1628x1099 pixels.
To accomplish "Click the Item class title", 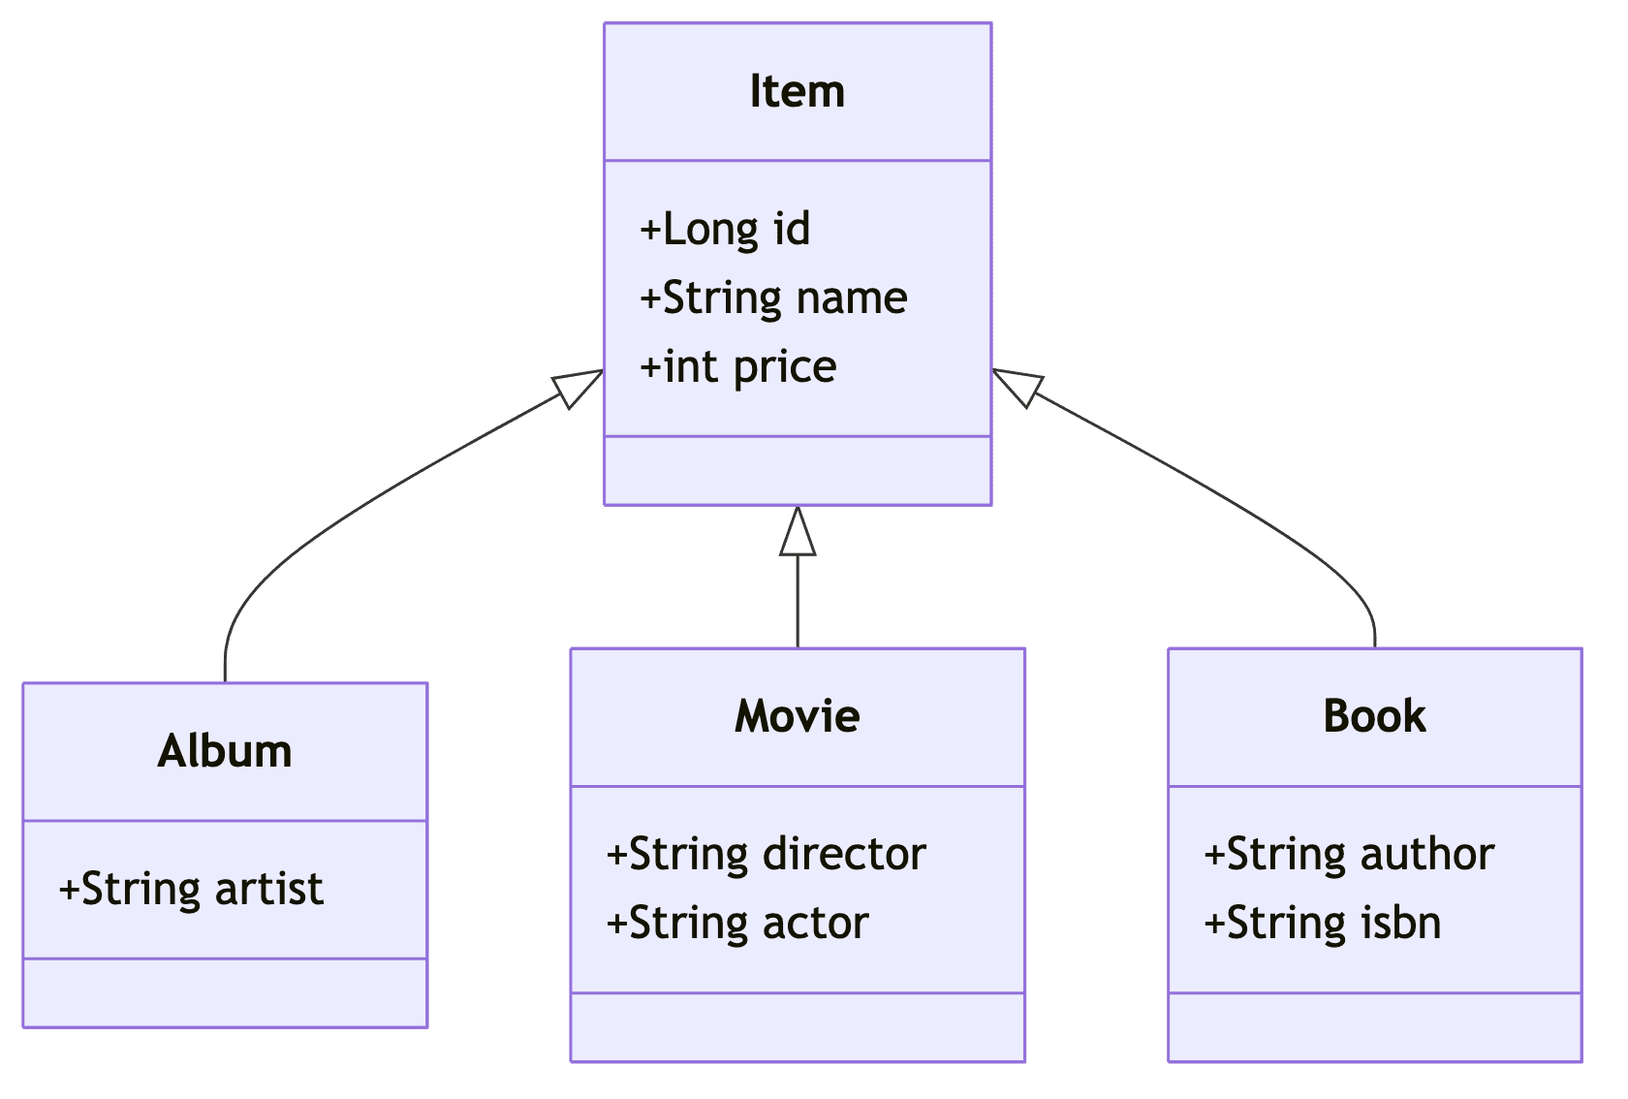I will pyautogui.click(x=797, y=92).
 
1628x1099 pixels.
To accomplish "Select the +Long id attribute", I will pyautogui.click(x=725, y=230).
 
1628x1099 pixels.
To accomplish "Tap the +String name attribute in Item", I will pyautogui.click(x=773, y=298).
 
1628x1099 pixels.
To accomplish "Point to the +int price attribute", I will pyautogui.click(x=737, y=367).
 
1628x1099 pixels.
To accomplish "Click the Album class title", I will pyautogui.click(x=225, y=751).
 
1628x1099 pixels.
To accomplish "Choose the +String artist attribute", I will pyautogui.click(x=191, y=889).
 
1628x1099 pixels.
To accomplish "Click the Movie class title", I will pyautogui.click(x=797, y=716).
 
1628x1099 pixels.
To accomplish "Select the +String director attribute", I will pyautogui.click(x=766, y=854).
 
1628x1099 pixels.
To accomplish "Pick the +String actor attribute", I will pyautogui.click(x=736, y=923).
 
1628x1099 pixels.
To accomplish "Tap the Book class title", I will pyautogui.click(x=1374, y=716).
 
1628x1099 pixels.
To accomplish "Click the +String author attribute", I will pyautogui.click(x=1349, y=854).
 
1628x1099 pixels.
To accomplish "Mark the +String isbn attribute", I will pyautogui.click(x=1322, y=923).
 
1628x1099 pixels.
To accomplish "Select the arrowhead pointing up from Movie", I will pyautogui.click(x=798, y=534).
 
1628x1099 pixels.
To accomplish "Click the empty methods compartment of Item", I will pyautogui.click(x=797, y=471).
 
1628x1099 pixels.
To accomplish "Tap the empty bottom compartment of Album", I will pyautogui.click(x=225, y=992).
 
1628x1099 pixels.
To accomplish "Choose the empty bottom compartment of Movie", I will pyautogui.click(x=797, y=1026).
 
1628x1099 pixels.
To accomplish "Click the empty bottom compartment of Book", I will pyautogui.click(x=1374, y=1026).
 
